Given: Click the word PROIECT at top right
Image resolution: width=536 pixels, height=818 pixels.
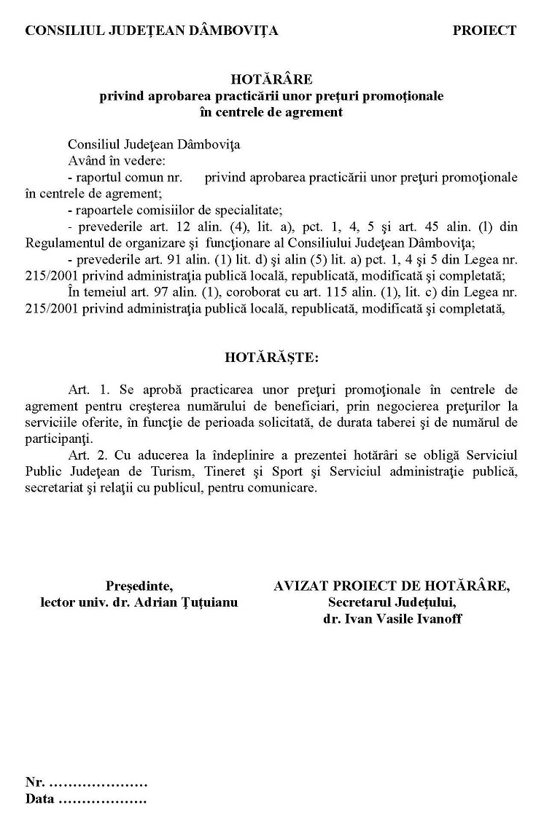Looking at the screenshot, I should [x=483, y=31].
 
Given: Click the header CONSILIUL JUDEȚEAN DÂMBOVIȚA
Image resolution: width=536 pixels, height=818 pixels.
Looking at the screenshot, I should [x=152, y=31].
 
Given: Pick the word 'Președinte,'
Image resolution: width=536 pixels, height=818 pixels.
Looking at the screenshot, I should [x=139, y=586].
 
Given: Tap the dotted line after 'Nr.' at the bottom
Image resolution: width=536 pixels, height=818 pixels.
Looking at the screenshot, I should [x=98, y=783].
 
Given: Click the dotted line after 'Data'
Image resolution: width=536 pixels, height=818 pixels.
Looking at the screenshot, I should [x=102, y=799].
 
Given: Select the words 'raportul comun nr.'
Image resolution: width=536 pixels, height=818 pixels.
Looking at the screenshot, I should [x=126, y=177].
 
